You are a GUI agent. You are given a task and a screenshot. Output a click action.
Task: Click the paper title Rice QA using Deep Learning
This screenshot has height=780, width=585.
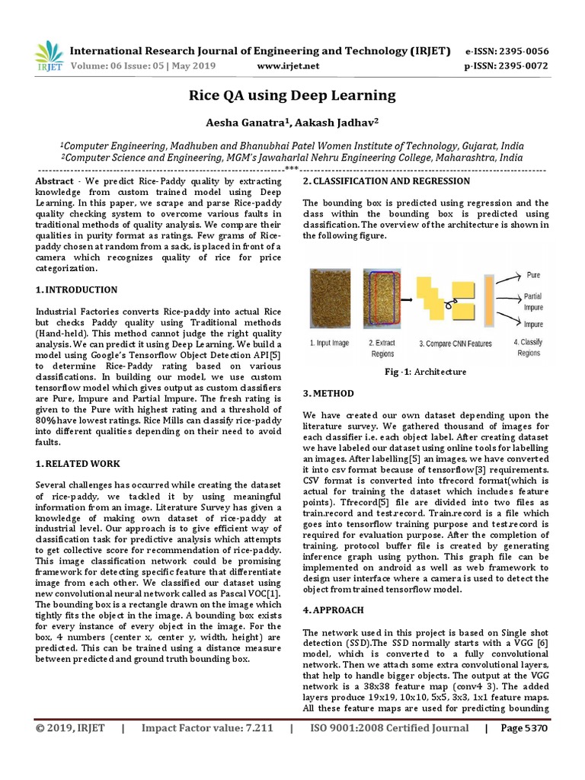[x=292, y=95]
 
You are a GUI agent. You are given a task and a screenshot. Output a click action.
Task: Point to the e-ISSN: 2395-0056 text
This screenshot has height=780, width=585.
[x=507, y=51]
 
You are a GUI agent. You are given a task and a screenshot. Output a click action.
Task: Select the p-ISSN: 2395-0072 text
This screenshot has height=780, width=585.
[x=507, y=66]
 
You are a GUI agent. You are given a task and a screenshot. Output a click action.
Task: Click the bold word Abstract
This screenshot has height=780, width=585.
[x=56, y=182]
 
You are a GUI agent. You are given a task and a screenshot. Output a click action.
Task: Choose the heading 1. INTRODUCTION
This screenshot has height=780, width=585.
[x=77, y=290]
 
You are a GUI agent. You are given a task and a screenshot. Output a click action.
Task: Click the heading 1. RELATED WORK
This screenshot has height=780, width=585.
[x=78, y=464]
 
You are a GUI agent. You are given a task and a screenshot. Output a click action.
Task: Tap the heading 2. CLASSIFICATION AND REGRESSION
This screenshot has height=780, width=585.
[x=386, y=181]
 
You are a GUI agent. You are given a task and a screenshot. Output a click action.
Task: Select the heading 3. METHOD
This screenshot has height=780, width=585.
[x=328, y=394]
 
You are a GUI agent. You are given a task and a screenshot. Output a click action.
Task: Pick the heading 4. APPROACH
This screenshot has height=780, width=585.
[x=333, y=610]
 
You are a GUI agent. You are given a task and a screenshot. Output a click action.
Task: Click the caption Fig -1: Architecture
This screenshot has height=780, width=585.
[x=425, y=372]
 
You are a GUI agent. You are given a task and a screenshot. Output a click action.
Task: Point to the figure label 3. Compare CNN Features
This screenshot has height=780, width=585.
[x=456, y=344]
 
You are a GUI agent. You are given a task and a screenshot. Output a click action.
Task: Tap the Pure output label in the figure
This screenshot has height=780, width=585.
[x=533, y=273]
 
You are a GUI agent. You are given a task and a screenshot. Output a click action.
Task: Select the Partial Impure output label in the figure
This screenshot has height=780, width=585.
[x=533, y=302]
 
